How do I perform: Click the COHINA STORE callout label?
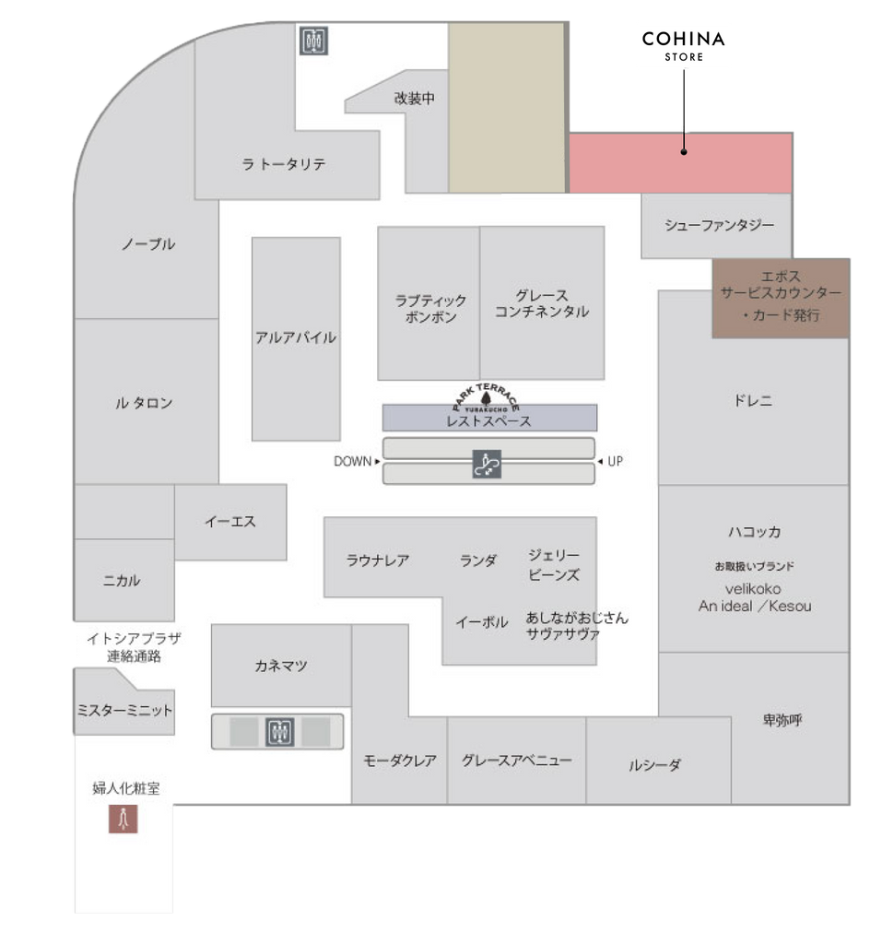click(x=684, y=44)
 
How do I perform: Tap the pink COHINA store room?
click(x=680, y=163)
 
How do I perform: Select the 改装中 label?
click(x=414, y=99)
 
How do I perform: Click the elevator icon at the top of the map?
click(x=314, y=41)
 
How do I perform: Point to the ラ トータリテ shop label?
click(x=284, y=164)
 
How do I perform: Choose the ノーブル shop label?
click(x=148, y=244)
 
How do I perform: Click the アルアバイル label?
click(x=296, y=337)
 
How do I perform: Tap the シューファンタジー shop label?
click(x=720, y=225)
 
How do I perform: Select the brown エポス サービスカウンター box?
click(x=781, y=297)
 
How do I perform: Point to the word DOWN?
click(x=353, y=461)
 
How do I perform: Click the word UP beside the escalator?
click(x=615, y=461)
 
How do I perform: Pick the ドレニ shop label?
click(x=753, y=401)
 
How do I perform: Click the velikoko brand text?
click(x=753, y=588)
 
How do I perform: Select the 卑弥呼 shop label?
click(x=782, y=719)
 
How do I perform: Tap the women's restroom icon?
click(x=123, y=819)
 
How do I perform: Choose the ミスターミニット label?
click(x=124, y=711)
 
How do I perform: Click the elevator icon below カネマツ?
click(x=280, y=732)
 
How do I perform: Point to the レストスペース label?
click(x=488, y=421)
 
